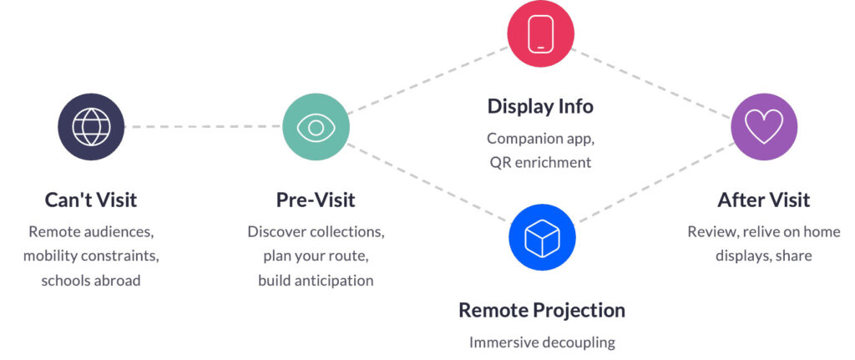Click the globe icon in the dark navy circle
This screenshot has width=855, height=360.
91,127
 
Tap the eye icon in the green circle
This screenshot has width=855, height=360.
316,127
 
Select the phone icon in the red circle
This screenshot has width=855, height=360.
540,33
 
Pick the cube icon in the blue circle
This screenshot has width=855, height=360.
541,238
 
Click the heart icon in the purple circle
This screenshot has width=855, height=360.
764,127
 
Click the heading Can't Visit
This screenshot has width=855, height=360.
91,200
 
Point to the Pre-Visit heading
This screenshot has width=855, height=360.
316,200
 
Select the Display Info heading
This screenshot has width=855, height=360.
540,106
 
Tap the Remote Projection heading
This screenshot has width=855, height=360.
541,311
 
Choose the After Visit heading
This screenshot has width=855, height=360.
764,200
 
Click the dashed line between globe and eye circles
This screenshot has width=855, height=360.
204,127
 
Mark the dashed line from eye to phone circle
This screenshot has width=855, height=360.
428,80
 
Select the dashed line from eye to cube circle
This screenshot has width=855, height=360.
428,183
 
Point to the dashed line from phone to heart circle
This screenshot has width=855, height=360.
651,84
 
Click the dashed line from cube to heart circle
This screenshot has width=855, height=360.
655,182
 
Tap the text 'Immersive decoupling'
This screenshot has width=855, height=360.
542,342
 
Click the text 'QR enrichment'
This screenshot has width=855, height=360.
540,162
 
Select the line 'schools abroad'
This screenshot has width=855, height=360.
91,281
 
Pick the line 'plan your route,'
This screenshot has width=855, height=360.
316,256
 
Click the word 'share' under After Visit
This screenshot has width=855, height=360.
795,256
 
